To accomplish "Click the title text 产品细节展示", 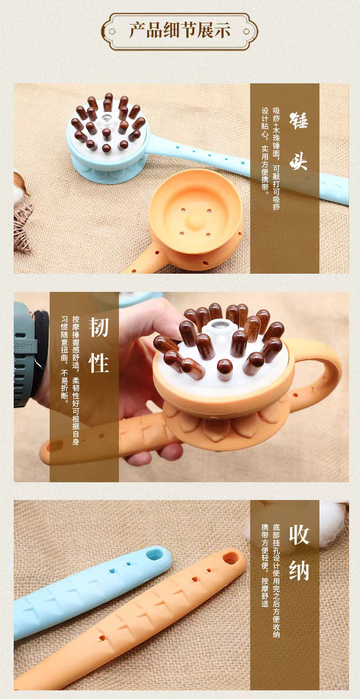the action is point(180,31).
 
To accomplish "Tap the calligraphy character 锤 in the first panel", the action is point(299,120).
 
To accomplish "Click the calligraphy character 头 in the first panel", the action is point(298,160).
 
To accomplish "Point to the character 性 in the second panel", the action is point(99,363).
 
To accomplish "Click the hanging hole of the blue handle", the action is point(154,555).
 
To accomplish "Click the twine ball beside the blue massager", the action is point(22,228).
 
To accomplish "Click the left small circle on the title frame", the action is point(112,31).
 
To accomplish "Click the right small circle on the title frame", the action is point(247,31).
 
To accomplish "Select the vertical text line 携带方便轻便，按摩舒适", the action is point(265,565).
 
